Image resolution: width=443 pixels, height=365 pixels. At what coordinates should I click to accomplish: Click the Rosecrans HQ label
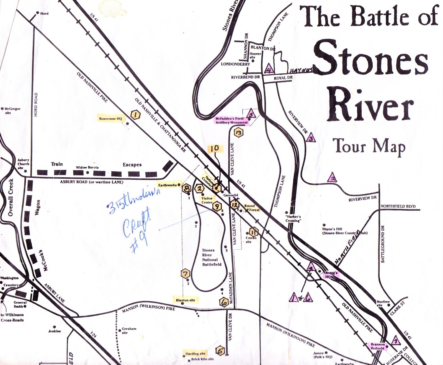[110, 119]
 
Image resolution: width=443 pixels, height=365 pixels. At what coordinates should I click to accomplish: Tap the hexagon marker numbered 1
[135, 115]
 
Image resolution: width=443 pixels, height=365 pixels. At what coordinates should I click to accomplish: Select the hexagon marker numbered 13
[238, 133]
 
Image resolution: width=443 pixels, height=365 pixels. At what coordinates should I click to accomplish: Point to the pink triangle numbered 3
[311, 138]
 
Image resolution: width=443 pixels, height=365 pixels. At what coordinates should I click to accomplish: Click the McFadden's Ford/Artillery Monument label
[232, 120]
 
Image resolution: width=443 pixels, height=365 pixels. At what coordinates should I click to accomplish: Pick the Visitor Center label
[207, 200]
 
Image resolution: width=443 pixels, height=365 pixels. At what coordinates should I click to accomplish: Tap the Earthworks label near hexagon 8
[167, 185]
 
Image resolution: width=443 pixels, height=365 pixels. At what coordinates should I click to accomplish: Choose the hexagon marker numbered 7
[185, 274]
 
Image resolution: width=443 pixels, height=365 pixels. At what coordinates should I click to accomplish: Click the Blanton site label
[186, 300]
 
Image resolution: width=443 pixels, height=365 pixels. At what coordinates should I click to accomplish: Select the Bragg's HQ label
[331, 275]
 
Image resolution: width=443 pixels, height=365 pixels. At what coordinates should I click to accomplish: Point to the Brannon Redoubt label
[378, 346]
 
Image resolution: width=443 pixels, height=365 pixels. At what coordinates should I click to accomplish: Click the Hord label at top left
[44, 13]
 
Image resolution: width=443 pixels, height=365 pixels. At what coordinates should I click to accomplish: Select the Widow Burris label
[87, 167]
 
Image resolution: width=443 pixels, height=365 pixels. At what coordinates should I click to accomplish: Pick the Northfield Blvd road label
[398, 206]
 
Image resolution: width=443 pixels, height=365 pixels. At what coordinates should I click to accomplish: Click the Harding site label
[195, 353]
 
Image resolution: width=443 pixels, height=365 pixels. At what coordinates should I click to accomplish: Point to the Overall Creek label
[11, 197]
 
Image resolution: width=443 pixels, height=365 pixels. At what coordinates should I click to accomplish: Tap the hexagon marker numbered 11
[253, 231]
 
